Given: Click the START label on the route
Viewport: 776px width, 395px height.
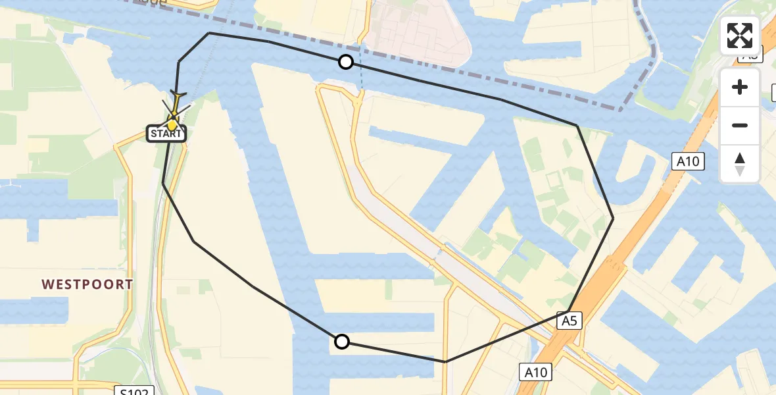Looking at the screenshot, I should (x=166, y=134).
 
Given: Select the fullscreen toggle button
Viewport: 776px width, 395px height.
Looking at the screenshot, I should (x=740, y=36).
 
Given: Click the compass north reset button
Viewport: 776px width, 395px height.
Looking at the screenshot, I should (x=740, y=164).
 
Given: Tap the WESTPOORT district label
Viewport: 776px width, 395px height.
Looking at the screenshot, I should (x=87, y=284).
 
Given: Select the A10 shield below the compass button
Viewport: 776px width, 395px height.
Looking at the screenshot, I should (x=688, y=161).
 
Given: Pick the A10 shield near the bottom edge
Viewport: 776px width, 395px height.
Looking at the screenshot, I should (x=535, y=373).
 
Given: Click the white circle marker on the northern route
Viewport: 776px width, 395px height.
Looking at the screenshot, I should (x=346, y=63).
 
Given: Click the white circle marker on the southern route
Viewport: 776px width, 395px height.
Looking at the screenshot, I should (x=342, y=341).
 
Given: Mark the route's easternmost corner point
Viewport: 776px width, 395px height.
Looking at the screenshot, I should (x=613, y=218).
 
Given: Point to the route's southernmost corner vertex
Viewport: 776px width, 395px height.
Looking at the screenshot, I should (x=445, y=361).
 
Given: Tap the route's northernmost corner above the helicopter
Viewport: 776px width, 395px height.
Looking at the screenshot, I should (x=209, y=33).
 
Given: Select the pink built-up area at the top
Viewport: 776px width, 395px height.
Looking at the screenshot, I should (x=421, y=33).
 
